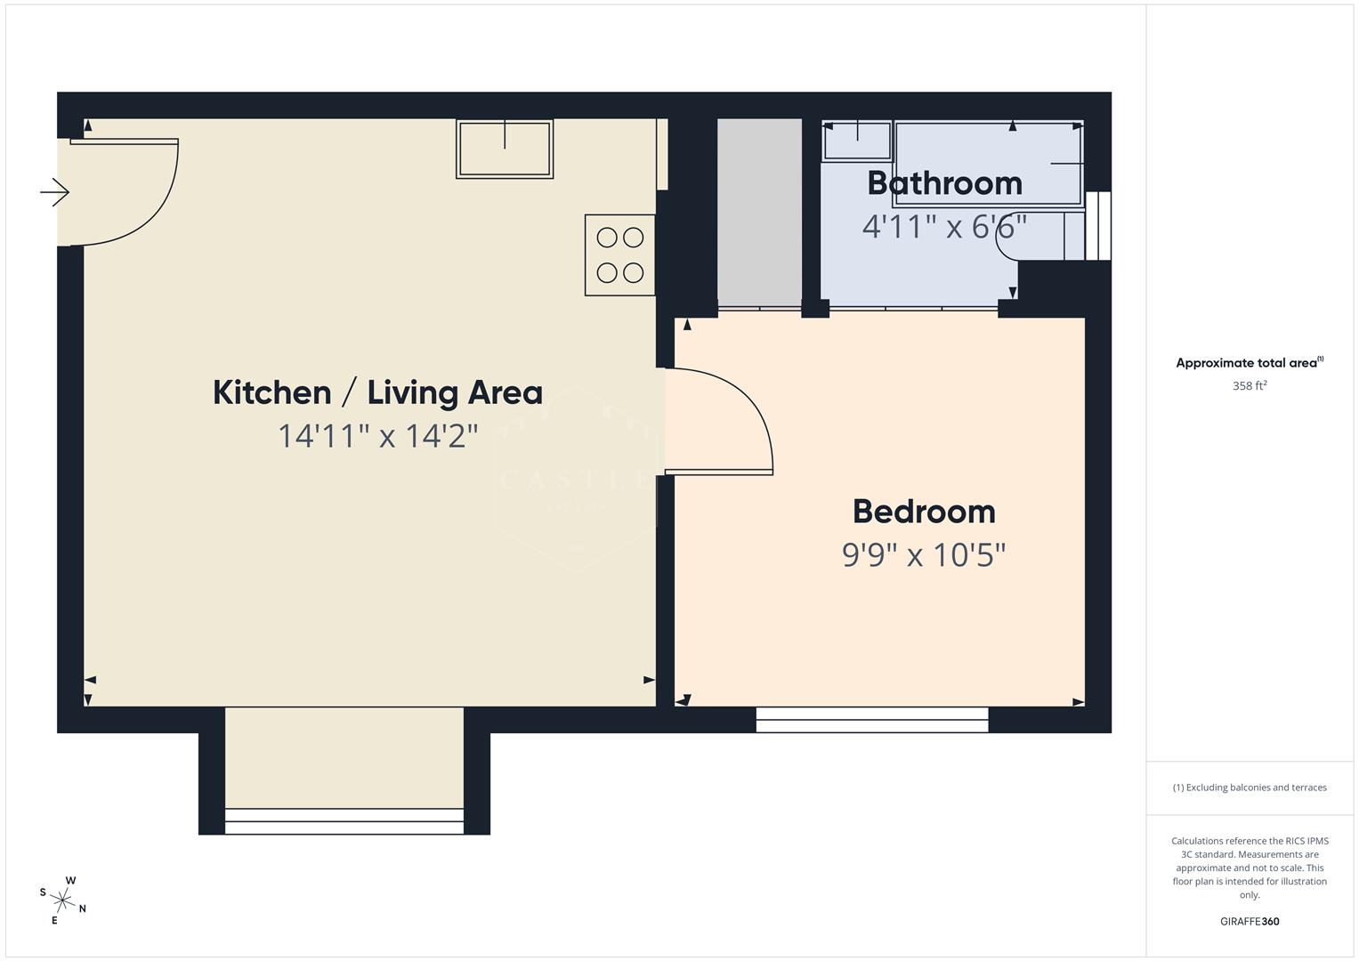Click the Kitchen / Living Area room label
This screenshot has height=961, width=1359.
(x=377, y=392)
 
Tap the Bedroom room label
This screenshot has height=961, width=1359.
(x=924, y=512)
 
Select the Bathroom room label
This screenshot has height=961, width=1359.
(x=944, y=183)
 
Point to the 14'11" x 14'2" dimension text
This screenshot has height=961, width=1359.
(x=378, y=436)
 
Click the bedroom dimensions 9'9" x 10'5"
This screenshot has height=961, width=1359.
(x=924, y=555)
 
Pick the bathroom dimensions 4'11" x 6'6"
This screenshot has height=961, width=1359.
(x=944, y=226)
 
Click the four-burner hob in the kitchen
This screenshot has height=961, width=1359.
(x=620, y=254)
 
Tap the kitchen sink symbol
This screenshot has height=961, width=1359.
(x=505, y=149)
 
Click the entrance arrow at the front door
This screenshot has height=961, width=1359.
(x=55, y=192)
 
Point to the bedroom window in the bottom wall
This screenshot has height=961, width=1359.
(x=872, y=720)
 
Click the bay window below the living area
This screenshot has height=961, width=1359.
(x=344, y=820)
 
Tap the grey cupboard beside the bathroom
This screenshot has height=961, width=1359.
(x=760, y=214)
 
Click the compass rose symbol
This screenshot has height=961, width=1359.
(x=63, y=900)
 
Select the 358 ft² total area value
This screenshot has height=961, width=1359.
(x=1250, y=386)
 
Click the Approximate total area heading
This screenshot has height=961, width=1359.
(x=1250, y=363)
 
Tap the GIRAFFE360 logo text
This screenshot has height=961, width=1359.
(x=1250, y=922)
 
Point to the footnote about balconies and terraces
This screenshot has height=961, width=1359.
(x=1250, y=787)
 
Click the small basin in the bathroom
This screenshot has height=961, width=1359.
(x=857, y=141)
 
